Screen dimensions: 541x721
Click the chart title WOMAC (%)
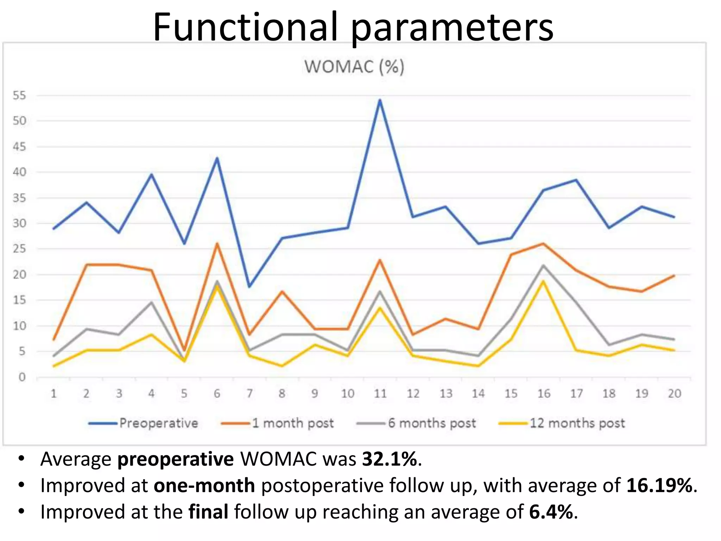(354, 67)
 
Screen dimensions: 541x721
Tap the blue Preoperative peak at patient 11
(380, 100)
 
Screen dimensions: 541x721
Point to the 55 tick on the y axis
(20, 95)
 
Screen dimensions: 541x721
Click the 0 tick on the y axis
(22, 377)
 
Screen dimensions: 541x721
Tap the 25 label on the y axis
(20, 249)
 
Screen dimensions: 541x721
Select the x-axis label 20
(674, 393)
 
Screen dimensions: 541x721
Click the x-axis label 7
(250, 393)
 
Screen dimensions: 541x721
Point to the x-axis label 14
(478, 393)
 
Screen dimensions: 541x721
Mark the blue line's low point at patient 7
(250, 287)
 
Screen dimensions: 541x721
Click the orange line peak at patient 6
(217, 244)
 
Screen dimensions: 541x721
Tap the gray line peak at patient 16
(543, 266)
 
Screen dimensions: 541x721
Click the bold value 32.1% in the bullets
(389, 459)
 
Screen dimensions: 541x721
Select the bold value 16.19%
(659, 485)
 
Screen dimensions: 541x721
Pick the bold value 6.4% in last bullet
(551, 512)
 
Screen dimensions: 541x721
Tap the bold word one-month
(204, 485)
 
